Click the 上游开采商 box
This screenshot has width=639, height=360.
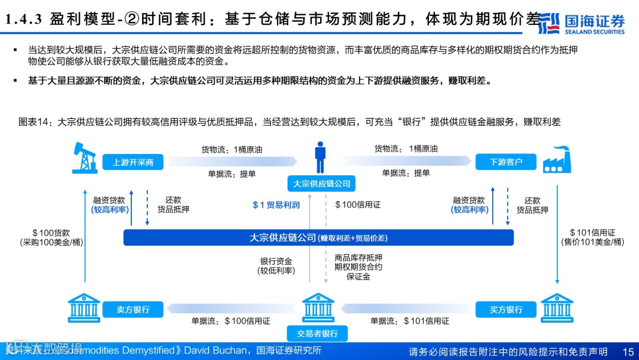tap(133, 162)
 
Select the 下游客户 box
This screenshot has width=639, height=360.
tap(506, 162)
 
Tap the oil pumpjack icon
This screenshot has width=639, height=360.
tap(84, 157)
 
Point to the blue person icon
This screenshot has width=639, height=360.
tap(320, 157)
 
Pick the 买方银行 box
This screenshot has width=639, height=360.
tap(506, 309)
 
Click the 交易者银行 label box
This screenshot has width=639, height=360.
tap(318, 333)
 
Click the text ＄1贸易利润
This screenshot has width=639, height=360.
tap(276, 205)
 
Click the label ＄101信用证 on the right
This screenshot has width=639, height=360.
tap(592, 233)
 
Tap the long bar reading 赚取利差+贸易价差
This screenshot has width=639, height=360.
tap(318, 237)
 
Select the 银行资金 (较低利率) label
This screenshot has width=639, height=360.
tap(276, 266)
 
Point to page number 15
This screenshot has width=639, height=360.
tap(627, 351)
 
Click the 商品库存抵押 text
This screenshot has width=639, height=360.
tap(358, 258)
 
